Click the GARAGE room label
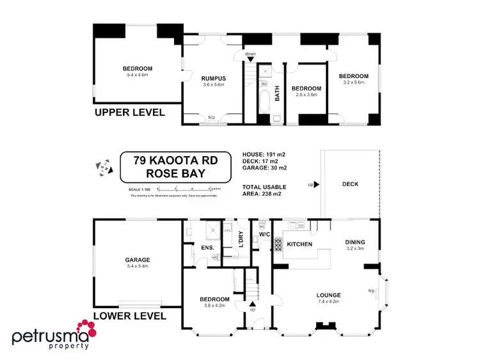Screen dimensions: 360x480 [x=138, y=260]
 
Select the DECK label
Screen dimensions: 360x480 [x=350, y=184]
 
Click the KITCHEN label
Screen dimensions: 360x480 [x=299, y=245]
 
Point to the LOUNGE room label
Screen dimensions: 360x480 [x=328, y=295]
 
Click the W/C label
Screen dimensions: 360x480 [x=265, y=234]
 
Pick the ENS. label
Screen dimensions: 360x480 [x=207, y=247]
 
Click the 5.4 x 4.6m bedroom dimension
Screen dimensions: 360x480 [x=138, y=75]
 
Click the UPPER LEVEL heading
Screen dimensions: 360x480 [x=130, y=113]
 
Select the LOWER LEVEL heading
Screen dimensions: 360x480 [x=130, y=316]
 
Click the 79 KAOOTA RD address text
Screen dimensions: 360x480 [x=174, y=162]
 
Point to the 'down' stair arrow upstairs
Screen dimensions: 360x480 [x=251, y=58]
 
